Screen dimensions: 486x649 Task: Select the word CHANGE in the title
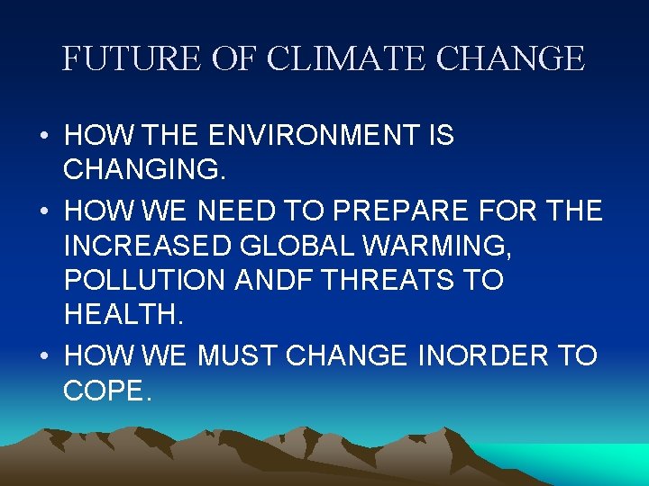coord(510,59)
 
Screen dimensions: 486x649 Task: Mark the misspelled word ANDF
coord(274,281)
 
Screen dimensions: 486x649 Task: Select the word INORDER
coord(482,355)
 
